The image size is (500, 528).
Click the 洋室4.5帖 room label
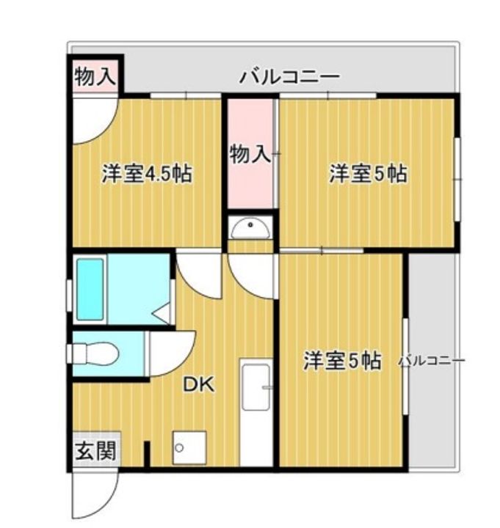point(148,175)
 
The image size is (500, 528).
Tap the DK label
point(198,384)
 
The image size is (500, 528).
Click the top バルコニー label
point(289,76)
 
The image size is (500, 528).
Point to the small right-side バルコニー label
point(432,361)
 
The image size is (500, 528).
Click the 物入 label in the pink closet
point(250,154)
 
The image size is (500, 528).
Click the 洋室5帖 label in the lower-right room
point(343,361)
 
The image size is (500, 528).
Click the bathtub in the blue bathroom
point(90,287)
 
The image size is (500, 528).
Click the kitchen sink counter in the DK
point(256,411)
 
